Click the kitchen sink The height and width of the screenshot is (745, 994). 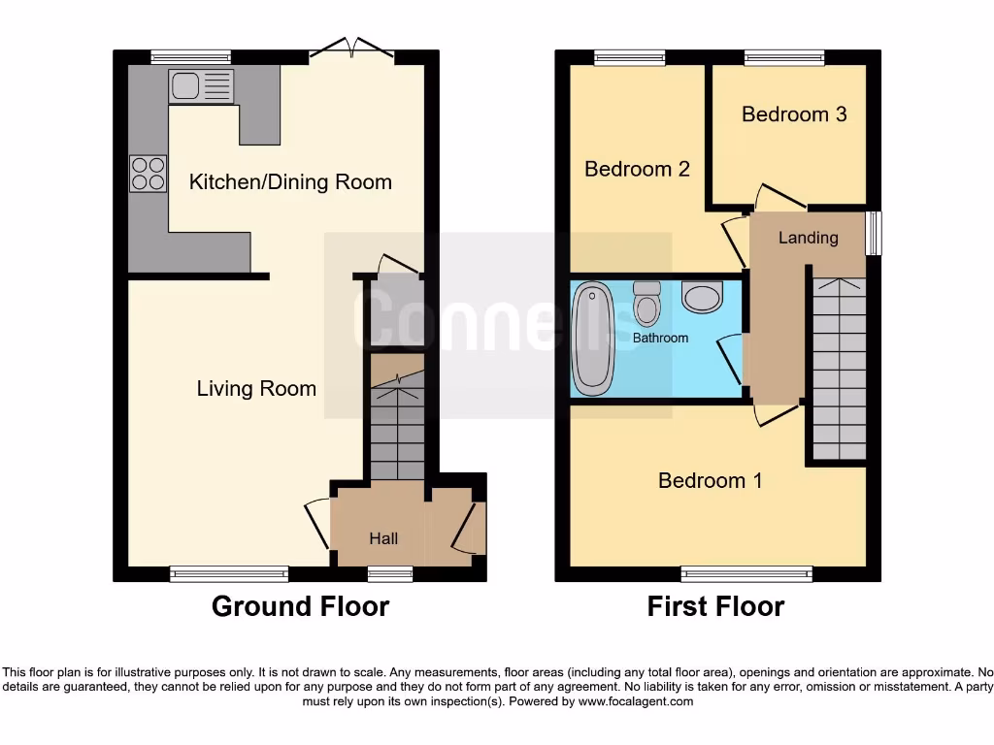click(x=201, y=86)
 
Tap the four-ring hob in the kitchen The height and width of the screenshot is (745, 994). click(x=148, y=174)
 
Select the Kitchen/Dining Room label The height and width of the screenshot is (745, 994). click(x=290, y=181)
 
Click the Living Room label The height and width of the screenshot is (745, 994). click(x=256, y=389)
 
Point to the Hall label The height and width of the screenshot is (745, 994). click(x=383, y=538)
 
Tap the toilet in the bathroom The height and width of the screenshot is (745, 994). click(x=646, y=303)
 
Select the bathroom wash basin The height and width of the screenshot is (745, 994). click(x=702, y=297)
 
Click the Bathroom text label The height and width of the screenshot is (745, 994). click(x=660, y=339)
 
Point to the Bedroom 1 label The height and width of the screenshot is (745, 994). click(x=710, y=480)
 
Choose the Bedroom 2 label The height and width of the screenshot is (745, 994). click(x=637, y=169)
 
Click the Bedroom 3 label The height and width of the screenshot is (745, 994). click(x=794, y=114)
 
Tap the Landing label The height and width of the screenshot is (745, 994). click(x=808, y=238)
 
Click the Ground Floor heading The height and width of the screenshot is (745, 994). click(x=300, y=606)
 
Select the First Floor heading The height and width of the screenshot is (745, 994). click(x=715, y=606)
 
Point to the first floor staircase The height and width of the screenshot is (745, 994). click(x=839, y=369)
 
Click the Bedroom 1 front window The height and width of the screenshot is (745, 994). click(x=746, y=574)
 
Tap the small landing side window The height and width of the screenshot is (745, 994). click(x=874, y=234)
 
